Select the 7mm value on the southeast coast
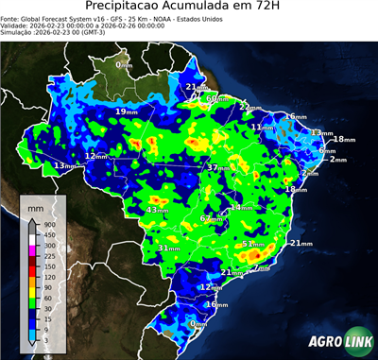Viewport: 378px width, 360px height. [x=262, y=268]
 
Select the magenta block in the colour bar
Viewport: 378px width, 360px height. [x=33, y=245]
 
